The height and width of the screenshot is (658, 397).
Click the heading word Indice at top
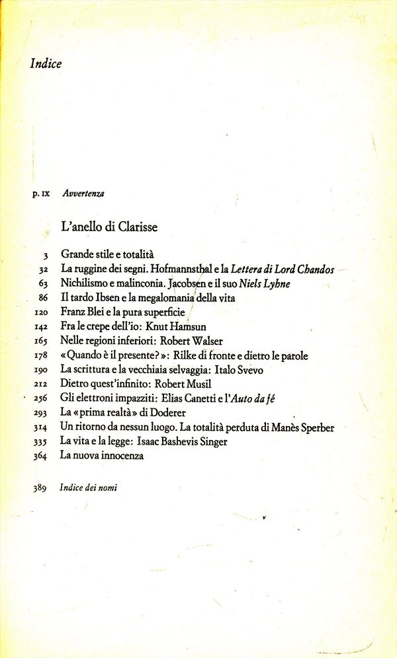click(x=46, y=64)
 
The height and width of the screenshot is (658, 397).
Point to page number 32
click(x=45, y=270)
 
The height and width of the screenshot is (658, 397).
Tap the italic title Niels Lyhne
click(x=265, y=283)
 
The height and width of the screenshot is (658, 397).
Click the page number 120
click(x=42, y=312)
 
